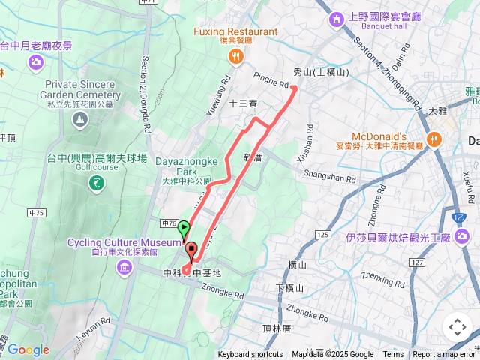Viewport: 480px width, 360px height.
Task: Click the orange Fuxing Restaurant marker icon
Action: coord(236,55)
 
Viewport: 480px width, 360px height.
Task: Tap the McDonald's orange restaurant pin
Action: coord(434,139)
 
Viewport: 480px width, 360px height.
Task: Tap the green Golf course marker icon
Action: coord(95,183)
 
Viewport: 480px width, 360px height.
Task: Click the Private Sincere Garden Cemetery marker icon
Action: coord(79,120)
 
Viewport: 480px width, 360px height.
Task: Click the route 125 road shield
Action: coord(323,235)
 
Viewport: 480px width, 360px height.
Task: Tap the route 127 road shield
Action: coord(417,262)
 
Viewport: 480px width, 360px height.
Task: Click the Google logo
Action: coord(28,349)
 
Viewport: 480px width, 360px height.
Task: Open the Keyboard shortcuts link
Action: coord(250,355)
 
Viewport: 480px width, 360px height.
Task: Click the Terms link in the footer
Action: coord(393,355)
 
